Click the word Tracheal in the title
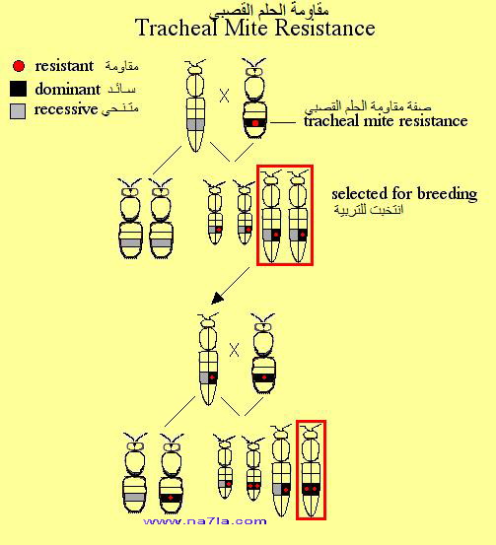tap(177, 28)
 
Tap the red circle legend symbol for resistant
tap(19, 66)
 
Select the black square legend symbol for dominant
tap(18, 89)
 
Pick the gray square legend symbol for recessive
tap(18, 111)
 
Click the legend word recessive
tap(66, 109)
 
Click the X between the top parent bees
tap(225, 96)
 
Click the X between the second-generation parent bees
tap(235, 350)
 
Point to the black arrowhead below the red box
tap(217, 299)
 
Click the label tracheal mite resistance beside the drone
tap(386, 121)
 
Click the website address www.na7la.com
tap(205, 521)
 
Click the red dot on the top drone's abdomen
tap(255, 123)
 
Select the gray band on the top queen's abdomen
tap(195, 124)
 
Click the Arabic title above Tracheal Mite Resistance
tap(268, 11)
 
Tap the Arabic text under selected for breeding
tap(369, 209)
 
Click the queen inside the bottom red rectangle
tap(311, 470)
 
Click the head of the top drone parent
tap(254, 71)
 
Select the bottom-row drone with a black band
tap(171, 473)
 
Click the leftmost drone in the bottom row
tap(135, 473)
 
